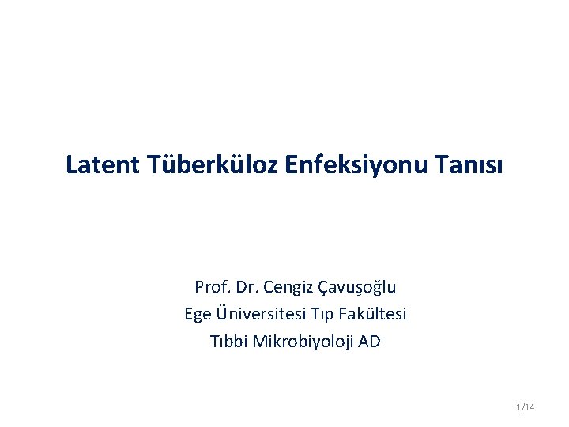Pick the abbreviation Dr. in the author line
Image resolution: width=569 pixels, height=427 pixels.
(x=248, y=286)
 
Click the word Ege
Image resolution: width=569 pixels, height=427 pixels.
(x=198, y=315)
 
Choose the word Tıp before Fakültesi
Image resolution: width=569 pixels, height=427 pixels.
(x=326, y=315)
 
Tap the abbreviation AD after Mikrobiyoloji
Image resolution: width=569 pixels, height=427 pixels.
(x=369, y=342)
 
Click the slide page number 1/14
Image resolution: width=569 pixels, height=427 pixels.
(x=525, y=407)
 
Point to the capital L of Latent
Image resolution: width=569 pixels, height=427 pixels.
(x=72, y=164)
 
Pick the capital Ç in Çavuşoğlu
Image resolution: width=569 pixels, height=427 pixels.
(x=322, y=287)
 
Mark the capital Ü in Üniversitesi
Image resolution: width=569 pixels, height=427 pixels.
(x=220, y=313)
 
